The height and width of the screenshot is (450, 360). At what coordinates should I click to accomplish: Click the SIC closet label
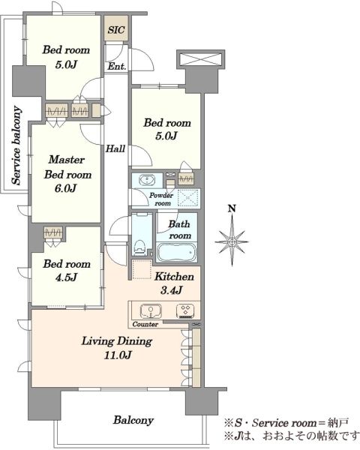coord(116,30)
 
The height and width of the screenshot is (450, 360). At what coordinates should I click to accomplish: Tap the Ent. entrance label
coord(117,67)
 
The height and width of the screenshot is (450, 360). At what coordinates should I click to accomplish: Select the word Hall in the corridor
coord(115,148)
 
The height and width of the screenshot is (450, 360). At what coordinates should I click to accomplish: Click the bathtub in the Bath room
coord(176,253)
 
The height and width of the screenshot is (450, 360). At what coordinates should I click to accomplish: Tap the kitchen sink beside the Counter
coord(151,311)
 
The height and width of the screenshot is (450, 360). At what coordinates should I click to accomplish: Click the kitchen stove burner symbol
coord(186,311)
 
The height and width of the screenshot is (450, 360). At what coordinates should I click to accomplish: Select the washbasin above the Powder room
coord(147,180)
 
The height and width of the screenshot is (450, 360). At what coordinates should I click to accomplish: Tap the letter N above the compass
coord(232,208)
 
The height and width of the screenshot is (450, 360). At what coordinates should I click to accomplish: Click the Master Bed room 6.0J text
coord(67,174)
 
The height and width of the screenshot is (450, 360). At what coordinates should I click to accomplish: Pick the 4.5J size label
coord(66,277)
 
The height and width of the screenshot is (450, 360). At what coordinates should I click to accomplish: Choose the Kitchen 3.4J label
coord(174,283)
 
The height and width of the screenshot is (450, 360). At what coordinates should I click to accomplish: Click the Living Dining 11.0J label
coord(117,348)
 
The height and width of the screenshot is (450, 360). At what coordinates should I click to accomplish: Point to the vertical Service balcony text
coord(16,145)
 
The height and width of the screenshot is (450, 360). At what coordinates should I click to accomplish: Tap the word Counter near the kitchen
coord(145,324)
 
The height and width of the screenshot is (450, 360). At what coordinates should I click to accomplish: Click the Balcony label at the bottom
coord(133,421)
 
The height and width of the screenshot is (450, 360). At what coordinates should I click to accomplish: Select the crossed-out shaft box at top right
coord(200,60)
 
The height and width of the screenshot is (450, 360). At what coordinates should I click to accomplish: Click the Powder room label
coord(162,199)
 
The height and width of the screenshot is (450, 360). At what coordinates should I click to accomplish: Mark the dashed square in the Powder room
coord(187,198)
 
